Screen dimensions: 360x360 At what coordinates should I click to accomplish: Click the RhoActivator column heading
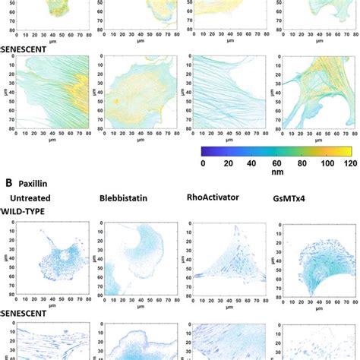[213, 197]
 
